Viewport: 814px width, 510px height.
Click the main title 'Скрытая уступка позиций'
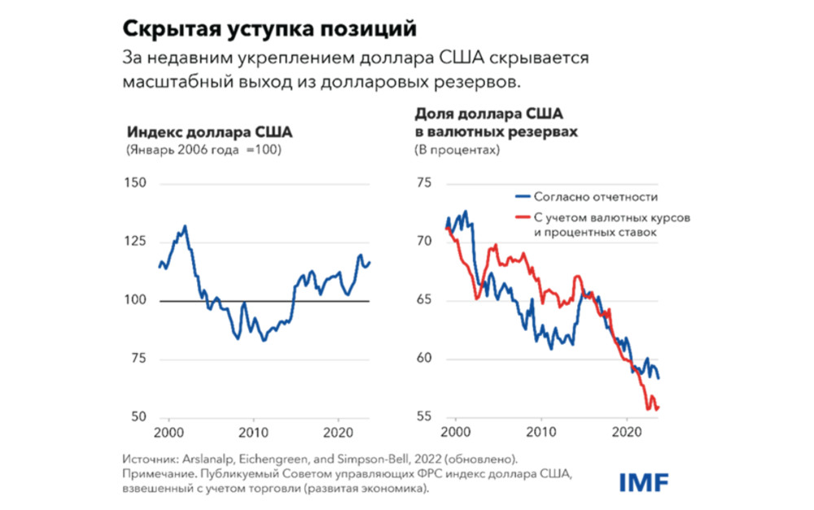coord(269,28)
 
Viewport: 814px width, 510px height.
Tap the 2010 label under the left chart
coord(254,431)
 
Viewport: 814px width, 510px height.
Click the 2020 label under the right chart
coord(628,431)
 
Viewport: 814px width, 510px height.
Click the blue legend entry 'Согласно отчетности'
coord(595,197)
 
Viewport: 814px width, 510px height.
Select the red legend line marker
coord(521,218)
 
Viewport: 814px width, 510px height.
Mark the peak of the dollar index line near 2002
coord(186,226)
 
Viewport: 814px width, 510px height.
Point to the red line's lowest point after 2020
coord(649,409)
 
